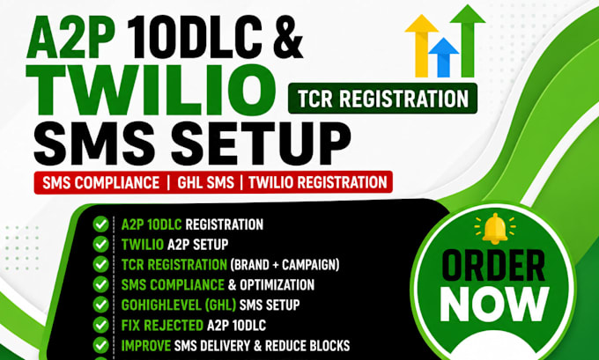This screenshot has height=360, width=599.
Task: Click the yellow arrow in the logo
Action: [421, 45]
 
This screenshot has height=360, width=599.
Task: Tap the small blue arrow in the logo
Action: [443, 57]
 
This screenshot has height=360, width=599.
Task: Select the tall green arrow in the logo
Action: [468, 40]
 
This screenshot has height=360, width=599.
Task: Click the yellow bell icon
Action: [495, 228]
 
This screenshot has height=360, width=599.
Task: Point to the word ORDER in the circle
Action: [493, 266]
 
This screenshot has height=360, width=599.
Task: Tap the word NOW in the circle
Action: [495, 305]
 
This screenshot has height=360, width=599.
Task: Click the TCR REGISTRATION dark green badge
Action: [383, 99]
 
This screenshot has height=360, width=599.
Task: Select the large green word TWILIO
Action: [151, 90]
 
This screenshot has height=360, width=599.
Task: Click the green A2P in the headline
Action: [71, 38]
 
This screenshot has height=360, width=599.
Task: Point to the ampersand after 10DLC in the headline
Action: [286, 38]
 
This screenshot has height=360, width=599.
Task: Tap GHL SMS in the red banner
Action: [205, 182]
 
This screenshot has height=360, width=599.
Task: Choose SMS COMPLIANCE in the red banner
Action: [100, 182]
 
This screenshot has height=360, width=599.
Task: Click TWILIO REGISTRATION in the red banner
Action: [318, 182]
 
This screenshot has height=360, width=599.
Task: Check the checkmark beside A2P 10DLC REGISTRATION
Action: [100, 224]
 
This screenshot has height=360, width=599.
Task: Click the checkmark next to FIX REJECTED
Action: [100, 325]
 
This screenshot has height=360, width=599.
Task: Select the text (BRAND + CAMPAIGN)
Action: [285, 265]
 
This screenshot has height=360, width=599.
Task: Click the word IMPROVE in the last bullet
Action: [146, 346]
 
